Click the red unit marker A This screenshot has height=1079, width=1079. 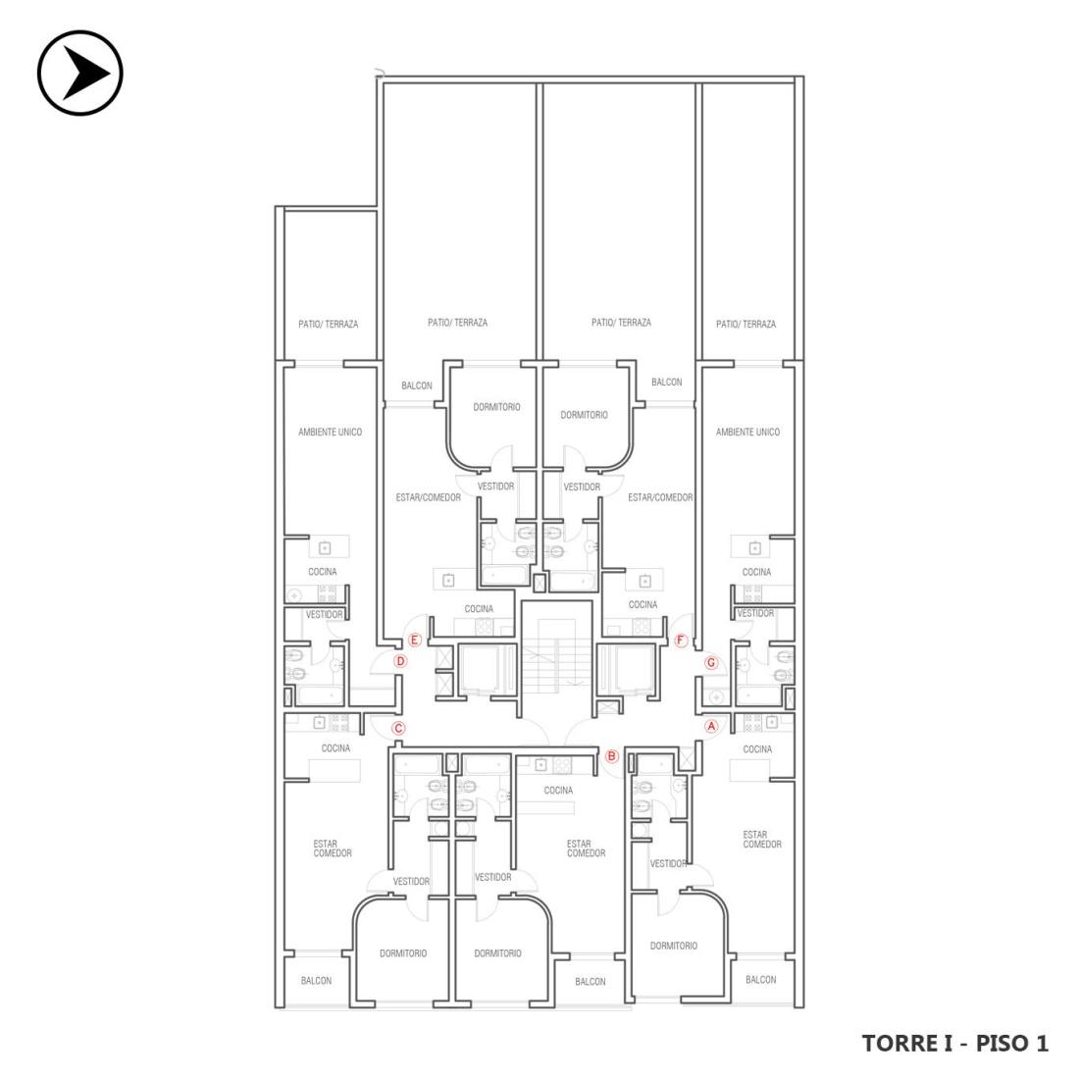click(711, 726)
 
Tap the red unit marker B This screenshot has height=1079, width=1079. click(611, 756)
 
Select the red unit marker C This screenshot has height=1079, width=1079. click(397, 729)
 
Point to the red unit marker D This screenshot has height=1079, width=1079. click(400, 662)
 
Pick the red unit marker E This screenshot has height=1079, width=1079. click(414, 641)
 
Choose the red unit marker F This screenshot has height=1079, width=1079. click(681, 641)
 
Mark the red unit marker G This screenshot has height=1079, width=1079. click(711, 663)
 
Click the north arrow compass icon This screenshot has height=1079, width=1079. click(79, 73)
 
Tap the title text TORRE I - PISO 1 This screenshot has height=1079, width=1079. click(955, 1044)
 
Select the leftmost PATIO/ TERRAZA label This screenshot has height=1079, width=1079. click(329, 324)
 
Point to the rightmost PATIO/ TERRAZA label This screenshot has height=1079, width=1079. click(745, 324)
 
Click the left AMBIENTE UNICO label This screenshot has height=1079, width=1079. click(330, 433)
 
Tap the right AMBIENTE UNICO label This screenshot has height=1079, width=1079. click(748, 433)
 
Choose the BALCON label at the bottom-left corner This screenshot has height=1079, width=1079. click(317, 981)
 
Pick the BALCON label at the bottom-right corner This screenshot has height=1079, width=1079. click(760, 979)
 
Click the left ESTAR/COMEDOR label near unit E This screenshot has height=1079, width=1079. click(428, 497)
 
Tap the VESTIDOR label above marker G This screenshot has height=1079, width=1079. click(755, 613)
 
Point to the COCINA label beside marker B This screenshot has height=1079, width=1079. click(558, 790)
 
